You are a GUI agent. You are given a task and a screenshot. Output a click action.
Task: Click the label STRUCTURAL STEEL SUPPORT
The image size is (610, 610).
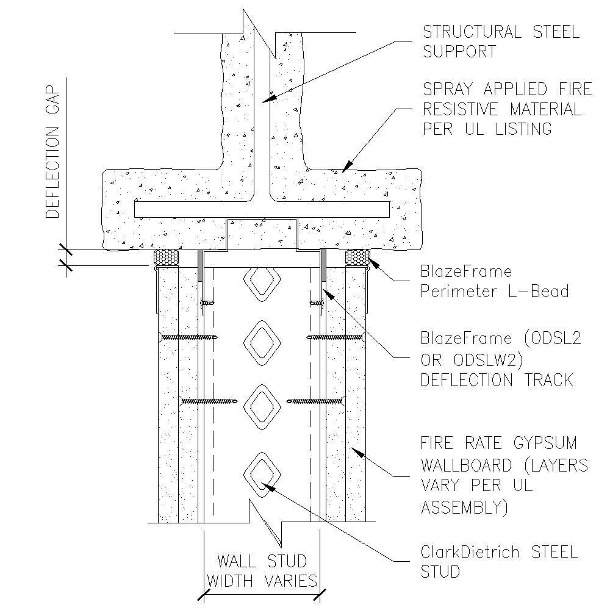click(500, 41)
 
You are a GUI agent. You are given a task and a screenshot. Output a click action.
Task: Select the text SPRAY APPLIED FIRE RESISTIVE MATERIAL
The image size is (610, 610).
click(507, 109)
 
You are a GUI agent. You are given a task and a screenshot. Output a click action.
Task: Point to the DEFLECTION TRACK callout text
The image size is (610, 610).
click(497, 380)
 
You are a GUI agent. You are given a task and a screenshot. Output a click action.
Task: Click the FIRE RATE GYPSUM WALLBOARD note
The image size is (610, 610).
click(504, 475)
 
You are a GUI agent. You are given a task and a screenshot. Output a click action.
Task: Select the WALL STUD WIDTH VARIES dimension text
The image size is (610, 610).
click(262, 570)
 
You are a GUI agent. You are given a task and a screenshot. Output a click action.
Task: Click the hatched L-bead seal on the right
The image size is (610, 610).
click(357, 257)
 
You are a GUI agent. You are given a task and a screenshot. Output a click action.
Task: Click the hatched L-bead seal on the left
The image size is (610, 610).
click(167, 257)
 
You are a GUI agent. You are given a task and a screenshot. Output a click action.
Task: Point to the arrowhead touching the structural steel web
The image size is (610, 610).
click(268, 98)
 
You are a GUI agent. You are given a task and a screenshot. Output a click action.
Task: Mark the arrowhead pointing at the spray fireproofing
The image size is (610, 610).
click(347, 165)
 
